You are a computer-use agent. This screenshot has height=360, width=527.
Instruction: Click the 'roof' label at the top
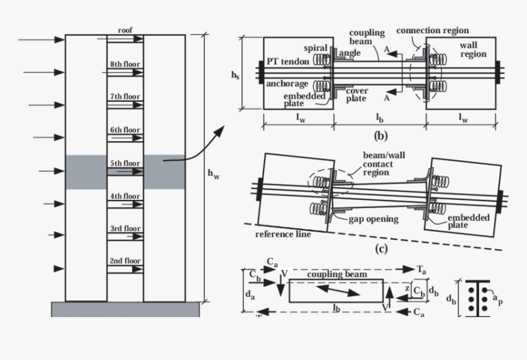point(126,29)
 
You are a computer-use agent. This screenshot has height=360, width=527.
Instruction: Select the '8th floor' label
point(125,64)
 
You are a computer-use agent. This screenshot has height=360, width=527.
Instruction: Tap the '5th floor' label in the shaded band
point(125,164)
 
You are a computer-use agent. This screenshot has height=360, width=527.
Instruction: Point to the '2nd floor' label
point(125,261)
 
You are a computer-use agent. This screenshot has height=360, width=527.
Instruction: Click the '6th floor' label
point(125,129)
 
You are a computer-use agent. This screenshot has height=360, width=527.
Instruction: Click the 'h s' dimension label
point(235,74)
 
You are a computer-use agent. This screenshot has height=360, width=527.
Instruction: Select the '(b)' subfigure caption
point(380,136)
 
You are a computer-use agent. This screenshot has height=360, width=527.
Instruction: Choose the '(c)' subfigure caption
point(381,248)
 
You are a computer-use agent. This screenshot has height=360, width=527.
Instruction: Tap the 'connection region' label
point(432,30)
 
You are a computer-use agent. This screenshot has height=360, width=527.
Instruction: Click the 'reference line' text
point(283,234)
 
